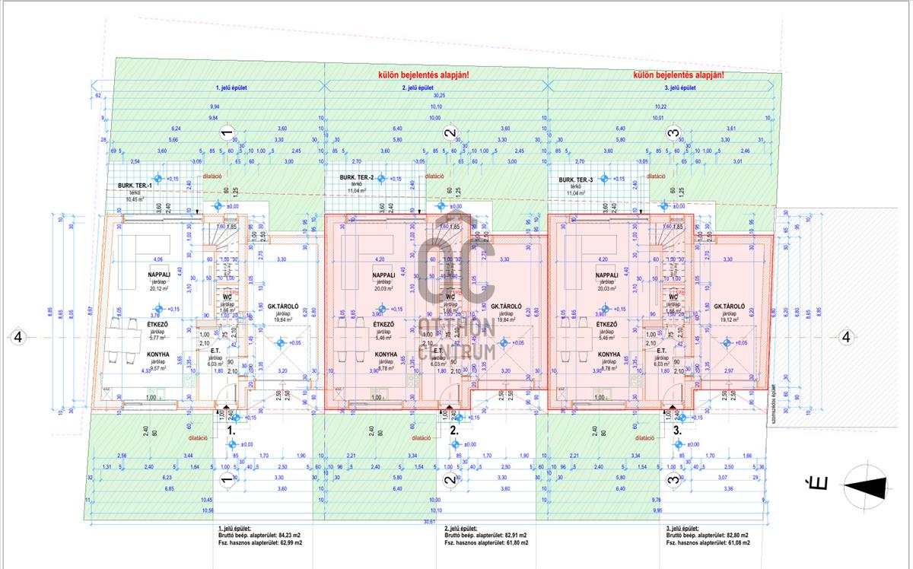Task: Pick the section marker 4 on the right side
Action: tap(845, 337)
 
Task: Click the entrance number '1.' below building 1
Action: tap(231, 430)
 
